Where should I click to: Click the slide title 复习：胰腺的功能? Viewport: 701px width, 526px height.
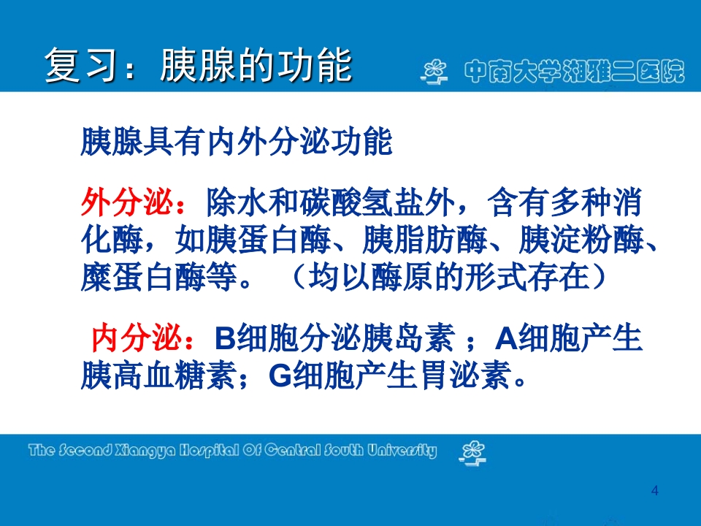click(199, 65)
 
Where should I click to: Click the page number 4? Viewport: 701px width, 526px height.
click(654, 490)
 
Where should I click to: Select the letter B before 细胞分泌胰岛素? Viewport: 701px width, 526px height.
click(224, 340)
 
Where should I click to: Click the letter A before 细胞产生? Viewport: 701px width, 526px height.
click(507, 340)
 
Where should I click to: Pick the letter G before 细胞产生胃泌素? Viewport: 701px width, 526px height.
click(281, 376)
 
